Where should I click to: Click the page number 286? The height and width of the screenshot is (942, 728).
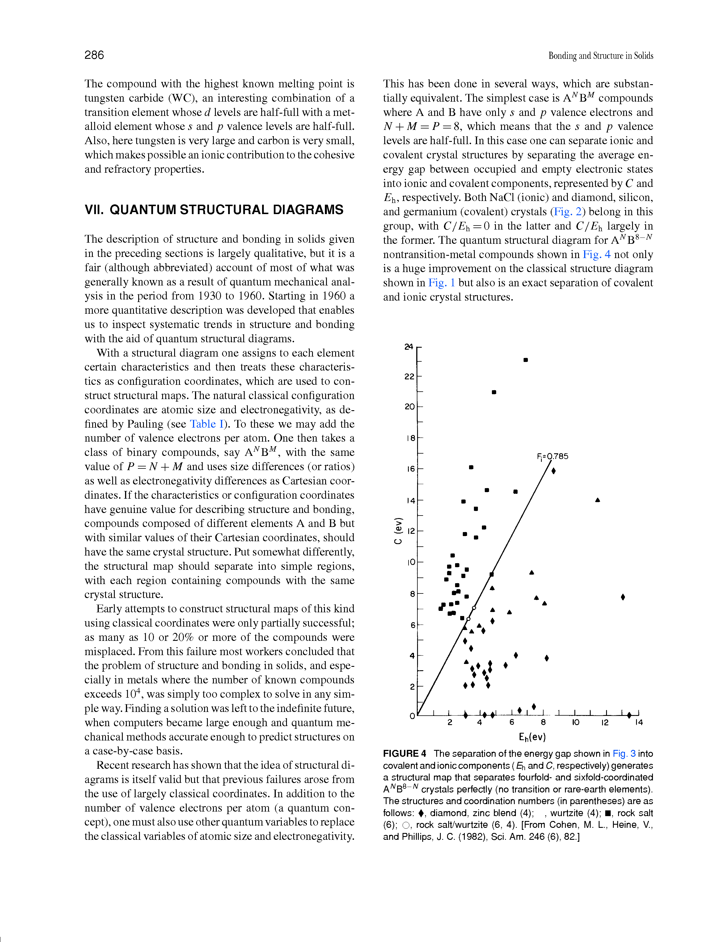click(x=94, y=55)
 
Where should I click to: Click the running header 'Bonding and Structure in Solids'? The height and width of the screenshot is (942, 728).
click(x=600, y=56)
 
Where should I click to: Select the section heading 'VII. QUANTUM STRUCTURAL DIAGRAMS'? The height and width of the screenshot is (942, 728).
click(x=214, y=210)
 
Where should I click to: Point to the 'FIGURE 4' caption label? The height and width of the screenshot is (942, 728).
click(x=405, y=754)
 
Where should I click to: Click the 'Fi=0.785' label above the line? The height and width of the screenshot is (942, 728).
click(x=552, y=456)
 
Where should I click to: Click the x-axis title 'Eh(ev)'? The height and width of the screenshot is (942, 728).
click(x=532, y=737)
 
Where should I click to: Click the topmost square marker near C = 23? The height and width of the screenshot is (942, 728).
click(x=526, y=360)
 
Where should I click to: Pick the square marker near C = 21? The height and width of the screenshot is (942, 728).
click(x=494, y=392)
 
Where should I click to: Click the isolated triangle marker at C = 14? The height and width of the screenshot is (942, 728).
click(x=597, y=500)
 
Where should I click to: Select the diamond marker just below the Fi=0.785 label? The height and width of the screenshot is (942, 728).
click(x=553, y=470)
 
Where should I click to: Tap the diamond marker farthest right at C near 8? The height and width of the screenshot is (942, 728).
click(x=623, y=597)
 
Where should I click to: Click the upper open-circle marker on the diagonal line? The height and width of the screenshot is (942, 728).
click(x=474, y=608)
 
